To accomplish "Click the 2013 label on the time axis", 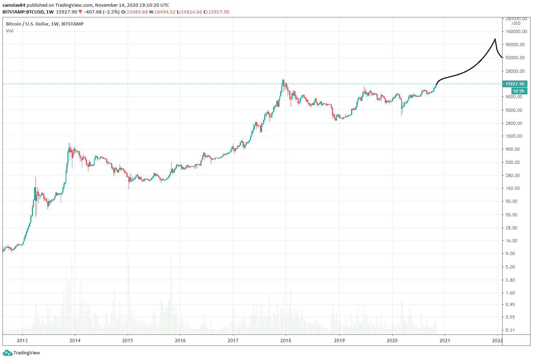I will point(22,340).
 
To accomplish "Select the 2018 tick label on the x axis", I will point(285,340).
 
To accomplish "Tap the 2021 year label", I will point(445,340).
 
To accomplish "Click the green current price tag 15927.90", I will point(515,84).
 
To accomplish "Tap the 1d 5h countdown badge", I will point(518,91).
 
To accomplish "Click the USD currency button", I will point(516,23).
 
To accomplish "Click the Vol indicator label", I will point(10,31).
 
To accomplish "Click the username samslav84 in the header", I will point(14,5).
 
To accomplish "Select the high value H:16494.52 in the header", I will point(162,12).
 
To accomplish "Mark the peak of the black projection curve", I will point(495,39).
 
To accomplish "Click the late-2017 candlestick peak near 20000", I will point(283,80).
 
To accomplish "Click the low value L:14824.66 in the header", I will point(191,12).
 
